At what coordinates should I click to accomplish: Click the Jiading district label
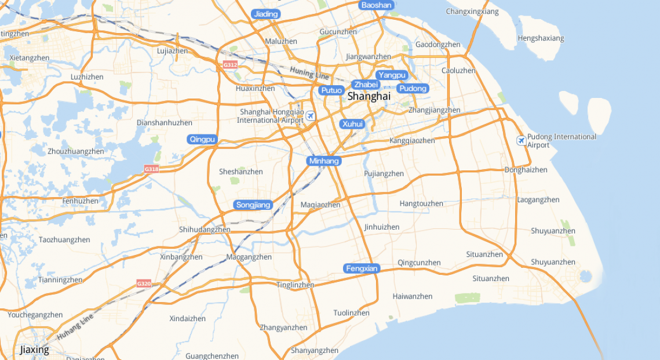point(266,14)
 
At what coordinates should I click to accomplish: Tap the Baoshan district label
point(377,5)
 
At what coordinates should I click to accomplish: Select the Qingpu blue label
point(202,139)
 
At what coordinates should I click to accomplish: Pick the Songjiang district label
point(253,205)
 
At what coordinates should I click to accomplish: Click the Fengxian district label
point(362,268)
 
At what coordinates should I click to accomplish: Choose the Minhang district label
point(324,161)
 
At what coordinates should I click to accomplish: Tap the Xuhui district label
point(352,123)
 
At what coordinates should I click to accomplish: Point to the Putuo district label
point(331,90)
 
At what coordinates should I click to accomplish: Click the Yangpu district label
point(392,75)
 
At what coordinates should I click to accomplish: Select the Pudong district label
point(413,88)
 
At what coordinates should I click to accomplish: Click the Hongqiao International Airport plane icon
point(311,116)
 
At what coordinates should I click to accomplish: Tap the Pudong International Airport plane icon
point(521,140)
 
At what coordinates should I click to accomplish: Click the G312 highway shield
point(230,65)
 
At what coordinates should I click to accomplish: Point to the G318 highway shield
point(151,169)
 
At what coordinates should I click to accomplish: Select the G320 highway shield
point(144,283)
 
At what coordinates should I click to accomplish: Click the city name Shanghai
point(369,96)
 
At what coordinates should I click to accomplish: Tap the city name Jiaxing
point(34,350)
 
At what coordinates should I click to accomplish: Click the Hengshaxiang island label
point(541,38)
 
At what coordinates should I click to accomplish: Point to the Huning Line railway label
point(309,72)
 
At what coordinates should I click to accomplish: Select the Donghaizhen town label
point(526,170)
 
